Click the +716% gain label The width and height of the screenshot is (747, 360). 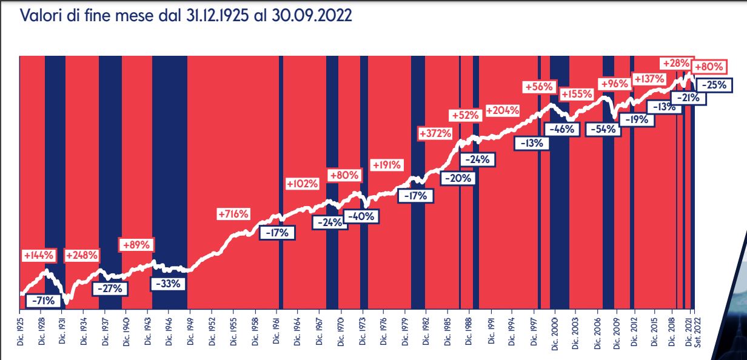pyautogui.click(x=233, y=214)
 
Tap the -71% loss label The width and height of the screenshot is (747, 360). pyautogui.click(x=43, y=300)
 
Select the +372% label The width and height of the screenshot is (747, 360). pyautogui.click(x=435, y=133)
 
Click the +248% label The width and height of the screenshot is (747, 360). pyautogui.click(x=81, y=255)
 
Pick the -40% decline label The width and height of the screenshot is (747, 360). pyautogui.click(x=362, y=215)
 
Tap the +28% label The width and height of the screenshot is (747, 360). pyautogui.click(x=675, y=64)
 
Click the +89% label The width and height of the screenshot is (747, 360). pyautogui.click(x=137, y=245)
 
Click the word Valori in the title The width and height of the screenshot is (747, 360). pyautogui.click(x=38, y=16)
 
